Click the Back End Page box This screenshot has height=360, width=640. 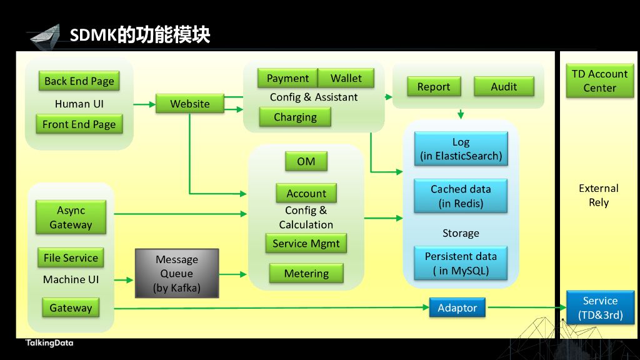pyautogui.click(x=79, y=81)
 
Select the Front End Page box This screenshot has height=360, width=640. pyautogui.click(x=79, y=124)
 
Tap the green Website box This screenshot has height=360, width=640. pyautogui.click(x=190, y=104)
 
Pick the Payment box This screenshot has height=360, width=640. pyautogui.click(x=287, y=78)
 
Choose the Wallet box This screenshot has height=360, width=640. pyautogui.click(x=346, y=78)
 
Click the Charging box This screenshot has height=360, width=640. pyautogui.click(x=295, y=117)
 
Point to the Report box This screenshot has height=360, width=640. pyautogui.click(x=434, y=87)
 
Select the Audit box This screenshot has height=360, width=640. pyautogui.click(x=504, y=87)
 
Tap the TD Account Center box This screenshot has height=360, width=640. pyautogui.click(x=599, y=81)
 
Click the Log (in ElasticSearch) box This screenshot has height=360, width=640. pyautogui.click(x=461, y=149)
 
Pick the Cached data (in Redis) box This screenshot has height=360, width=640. pyautogui.click(x=461, y=196)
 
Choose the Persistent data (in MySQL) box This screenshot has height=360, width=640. pyautogui.click(x=461, y=264)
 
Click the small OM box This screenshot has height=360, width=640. pyautogui.click(x=306, y=162)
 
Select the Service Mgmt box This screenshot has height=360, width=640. pyautogui.click(x=306, y=244)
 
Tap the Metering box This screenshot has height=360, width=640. pyautogui.click(x=306, y=274)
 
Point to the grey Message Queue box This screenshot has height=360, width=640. pyautogui.click(x=177, y=273)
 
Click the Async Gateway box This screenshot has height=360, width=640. pyautogui.click(x=71, y=217)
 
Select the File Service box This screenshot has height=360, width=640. pyautogui.click(x=71, y=258)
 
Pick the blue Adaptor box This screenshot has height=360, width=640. pyautogui.click(x=457, y=308)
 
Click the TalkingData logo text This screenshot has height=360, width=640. pyautogui.click(x=49, y=343)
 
